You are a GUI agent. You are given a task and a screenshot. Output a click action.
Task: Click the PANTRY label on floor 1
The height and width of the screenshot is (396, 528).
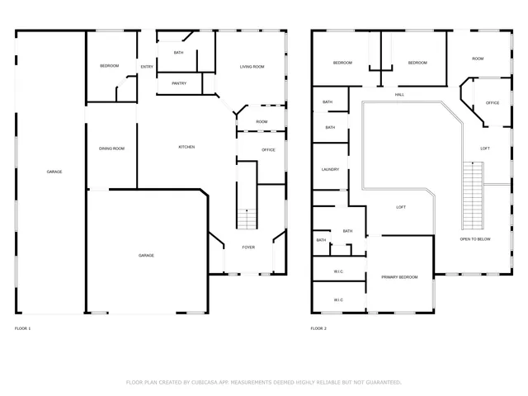click(179, 83)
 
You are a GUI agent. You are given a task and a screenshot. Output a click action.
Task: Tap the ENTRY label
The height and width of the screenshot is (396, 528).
click(147, 67)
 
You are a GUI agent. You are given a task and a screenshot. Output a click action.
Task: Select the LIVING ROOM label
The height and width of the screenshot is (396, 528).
click(252, 67)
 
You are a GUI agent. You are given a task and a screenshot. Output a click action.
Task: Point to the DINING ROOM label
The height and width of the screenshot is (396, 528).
click(111, 148)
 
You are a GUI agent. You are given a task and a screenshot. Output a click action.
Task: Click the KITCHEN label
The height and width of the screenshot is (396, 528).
click(187, 147)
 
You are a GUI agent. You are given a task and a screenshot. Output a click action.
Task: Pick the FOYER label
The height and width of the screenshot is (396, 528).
click(248, 247)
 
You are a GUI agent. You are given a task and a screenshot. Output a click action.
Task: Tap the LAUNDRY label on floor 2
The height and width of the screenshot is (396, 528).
click(330, 170)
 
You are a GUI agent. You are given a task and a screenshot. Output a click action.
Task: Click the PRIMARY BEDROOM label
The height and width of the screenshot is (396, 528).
click(399, 277)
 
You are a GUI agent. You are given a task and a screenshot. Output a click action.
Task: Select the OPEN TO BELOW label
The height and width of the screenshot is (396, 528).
click(475, 239)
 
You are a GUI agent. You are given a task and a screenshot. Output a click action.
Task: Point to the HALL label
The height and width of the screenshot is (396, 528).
click(399, 95)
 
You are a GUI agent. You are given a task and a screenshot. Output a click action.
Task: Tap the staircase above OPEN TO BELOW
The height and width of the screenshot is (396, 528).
click(472, 194)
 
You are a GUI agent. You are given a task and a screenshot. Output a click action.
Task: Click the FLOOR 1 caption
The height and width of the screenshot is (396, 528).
click(23, 328)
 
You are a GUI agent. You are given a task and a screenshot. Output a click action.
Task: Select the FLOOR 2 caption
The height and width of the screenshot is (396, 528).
click(318, 328)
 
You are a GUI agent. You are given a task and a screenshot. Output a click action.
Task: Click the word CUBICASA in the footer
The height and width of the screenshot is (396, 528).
click(203, 382)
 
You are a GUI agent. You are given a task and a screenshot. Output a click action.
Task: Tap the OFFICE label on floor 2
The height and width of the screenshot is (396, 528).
click(493, 103)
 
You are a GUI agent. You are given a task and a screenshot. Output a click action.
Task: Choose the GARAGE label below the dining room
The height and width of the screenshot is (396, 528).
click(146, 256)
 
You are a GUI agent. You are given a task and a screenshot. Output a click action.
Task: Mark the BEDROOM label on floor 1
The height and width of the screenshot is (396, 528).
click(110, 66)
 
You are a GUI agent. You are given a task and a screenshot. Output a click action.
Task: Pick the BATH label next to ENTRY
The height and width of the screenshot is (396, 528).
click(179, 54)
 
